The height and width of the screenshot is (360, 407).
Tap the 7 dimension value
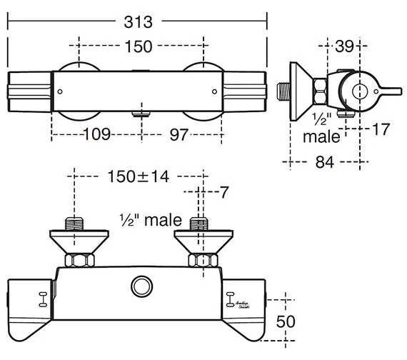(x=223, y=192)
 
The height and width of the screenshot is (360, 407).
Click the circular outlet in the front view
(x=140, y=287)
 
